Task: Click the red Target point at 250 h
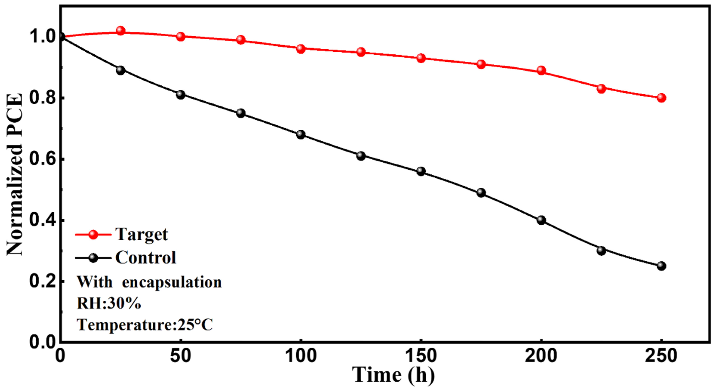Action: click(x=661, y=98)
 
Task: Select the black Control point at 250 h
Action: click(x=661, y=266)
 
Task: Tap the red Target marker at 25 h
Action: click(x=120, y=31)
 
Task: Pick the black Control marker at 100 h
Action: click(x=301, y=135)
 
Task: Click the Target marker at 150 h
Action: click(x=421, y=58)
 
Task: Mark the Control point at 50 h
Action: click(x=181, y=95)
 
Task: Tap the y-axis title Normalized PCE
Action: click(x=14, y=174)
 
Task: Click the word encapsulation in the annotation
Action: click(x=172, y=282)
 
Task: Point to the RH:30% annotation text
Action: click(x=109, y=304)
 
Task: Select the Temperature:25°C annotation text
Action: click(x=144, y=325)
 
